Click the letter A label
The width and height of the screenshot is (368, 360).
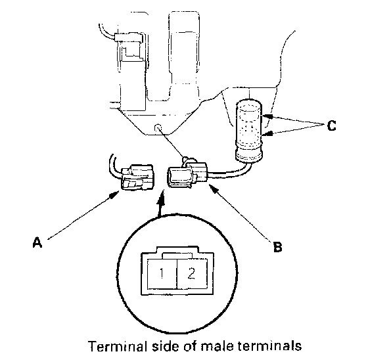(37, 242)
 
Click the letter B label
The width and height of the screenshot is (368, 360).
(277, 246)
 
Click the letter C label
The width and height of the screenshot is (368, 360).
(331, 125)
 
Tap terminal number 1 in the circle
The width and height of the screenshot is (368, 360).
(161, 273)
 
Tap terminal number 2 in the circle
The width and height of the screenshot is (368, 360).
(191, 273)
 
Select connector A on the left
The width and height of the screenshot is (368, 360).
(137, 177)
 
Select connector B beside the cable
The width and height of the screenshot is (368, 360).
(187, 173)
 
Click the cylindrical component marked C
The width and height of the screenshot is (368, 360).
(249, 131)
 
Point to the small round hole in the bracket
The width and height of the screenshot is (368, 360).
(158, 127)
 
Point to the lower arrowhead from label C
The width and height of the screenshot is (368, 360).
(267, 134)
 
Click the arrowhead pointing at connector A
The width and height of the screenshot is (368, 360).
(114, 194)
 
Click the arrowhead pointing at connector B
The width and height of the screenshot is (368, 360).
(213, 189)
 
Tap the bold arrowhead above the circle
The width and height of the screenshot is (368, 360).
(161, 197)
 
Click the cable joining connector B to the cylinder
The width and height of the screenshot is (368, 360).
(229, 173)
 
